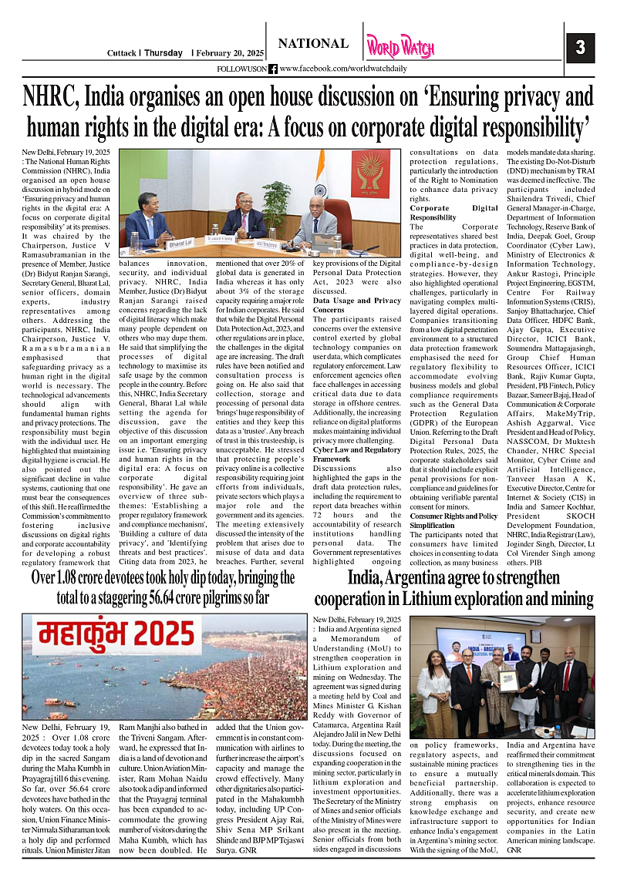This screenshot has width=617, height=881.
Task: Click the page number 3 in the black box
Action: pos(580,47)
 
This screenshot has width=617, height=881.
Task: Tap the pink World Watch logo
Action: pos(400,47)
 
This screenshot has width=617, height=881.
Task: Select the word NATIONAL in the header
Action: pos(313,45)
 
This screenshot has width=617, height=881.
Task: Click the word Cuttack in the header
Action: pos(121,53)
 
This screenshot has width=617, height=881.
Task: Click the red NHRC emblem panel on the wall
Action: pos(371,174)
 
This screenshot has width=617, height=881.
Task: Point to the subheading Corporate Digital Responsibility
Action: pos(453,213)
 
